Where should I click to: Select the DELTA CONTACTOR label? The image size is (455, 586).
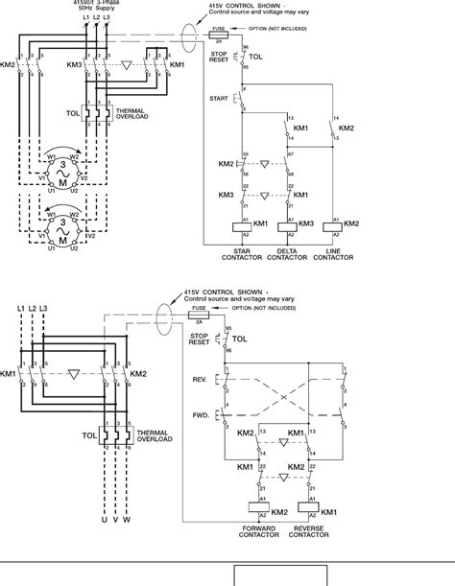tap(286, 254)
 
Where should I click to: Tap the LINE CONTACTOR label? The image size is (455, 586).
tap(335, 254)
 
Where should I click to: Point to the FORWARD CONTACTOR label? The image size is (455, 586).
tap(256, 530)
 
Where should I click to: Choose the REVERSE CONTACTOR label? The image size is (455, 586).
tap(308, 530)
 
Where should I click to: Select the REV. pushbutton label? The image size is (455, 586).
tap(200, 380)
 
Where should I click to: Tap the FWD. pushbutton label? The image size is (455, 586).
tap(200, 415)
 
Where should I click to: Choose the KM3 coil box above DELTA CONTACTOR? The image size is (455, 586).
tap(284, 226)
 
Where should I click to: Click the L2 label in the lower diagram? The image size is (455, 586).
tap(34, 308)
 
